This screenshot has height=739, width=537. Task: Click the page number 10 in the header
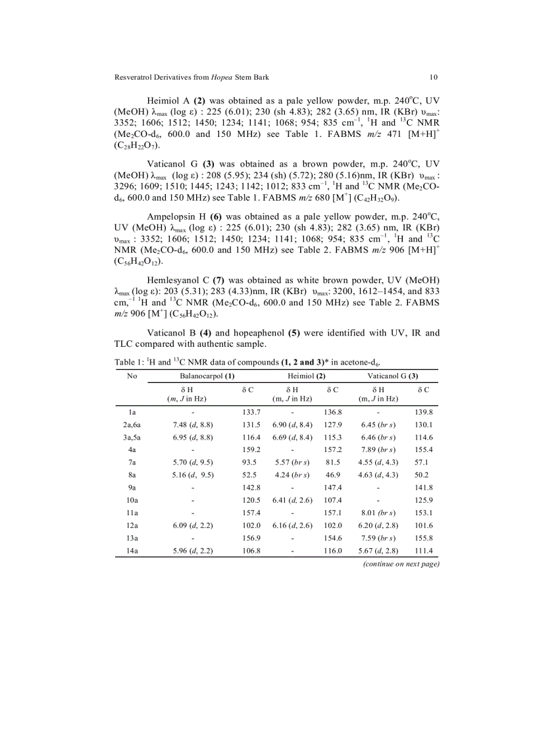[434, 77]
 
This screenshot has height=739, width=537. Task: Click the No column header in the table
[132, 376]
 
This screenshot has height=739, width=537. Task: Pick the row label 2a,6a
[132, 425]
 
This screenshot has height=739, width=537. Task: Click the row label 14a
[132, 551]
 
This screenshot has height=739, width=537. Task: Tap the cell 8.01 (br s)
[377, 513]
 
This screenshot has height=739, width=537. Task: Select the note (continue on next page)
[401, 564]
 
